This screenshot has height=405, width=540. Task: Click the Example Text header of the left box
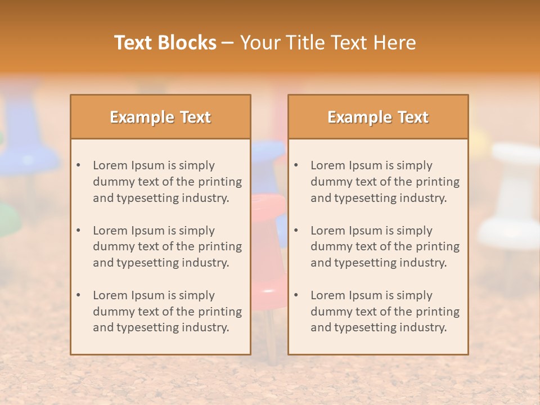pyautogui.click(x=160, y=117)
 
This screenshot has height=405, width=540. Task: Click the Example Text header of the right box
pyautogui.click(x=378, y=117)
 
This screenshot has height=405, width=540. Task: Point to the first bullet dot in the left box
pyautogui.click(x=79, y=165)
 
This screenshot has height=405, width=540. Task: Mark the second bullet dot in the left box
pyautogui.click(x=79, y=231)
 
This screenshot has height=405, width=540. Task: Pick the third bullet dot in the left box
pyautogui.click(x=79, y=295)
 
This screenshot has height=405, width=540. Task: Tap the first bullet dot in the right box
pyautogui.click(x=296, y=165)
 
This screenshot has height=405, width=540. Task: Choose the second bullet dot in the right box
pyautogui.click(x=296, y=231)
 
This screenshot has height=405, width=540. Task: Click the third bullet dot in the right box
pyautogui.click(x=296, y=295)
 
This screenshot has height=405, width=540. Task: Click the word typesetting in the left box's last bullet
pyautogui.click(x=148, y=328)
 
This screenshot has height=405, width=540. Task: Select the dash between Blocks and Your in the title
pyautogui.click(x=228, y=43)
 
